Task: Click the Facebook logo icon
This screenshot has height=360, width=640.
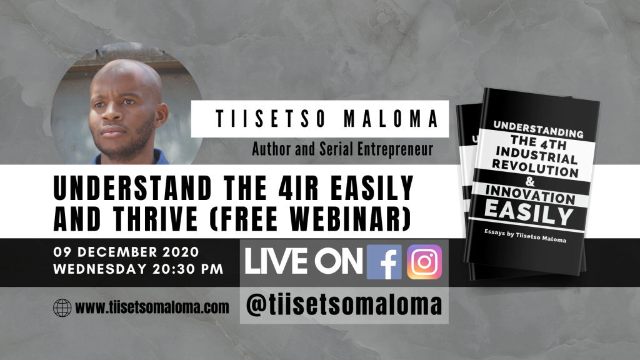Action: click(384, 262)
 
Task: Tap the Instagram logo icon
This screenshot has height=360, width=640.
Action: click(424, 262)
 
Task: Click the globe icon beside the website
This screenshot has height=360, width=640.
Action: click(62, 307)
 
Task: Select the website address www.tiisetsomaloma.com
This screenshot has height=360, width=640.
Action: click(152, 307)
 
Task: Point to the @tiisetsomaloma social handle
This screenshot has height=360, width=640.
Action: click(344, 305)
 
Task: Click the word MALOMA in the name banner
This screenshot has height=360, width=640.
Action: click(391, 119)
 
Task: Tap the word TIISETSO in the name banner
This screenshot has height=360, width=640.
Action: click(271, 119)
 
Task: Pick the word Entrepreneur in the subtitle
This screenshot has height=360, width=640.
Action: click(395, 149)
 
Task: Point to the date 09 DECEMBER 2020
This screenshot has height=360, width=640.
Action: click(126, 252)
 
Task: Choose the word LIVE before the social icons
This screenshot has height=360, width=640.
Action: click(276, 262)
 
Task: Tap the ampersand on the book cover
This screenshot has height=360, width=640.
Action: click(530, 181)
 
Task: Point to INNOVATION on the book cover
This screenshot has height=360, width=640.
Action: click(531, 195)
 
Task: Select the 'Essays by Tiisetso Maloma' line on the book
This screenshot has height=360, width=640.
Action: click(525, 236)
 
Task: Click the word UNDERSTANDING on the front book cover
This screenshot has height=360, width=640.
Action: click(538, 129)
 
